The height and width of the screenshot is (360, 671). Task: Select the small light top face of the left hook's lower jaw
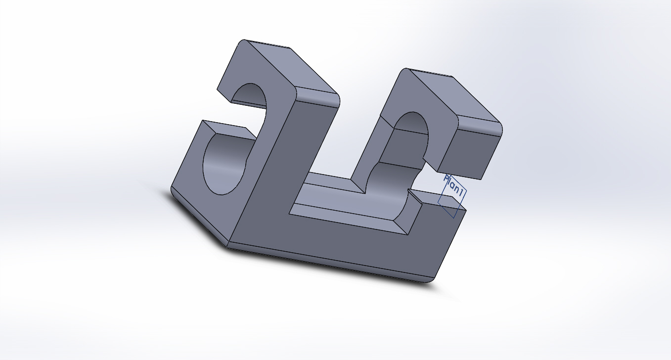(x=229, y=130)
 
